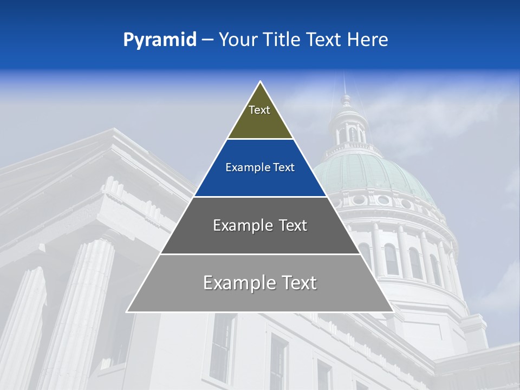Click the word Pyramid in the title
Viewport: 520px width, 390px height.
(x=159, y=40)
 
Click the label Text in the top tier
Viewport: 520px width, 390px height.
(x=259, y=110)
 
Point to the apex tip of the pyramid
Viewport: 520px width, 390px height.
(x=261, y=82)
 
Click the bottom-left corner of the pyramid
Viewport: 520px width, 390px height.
(x=127, y=311)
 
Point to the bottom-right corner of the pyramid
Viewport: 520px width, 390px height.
(x=393, y=311)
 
